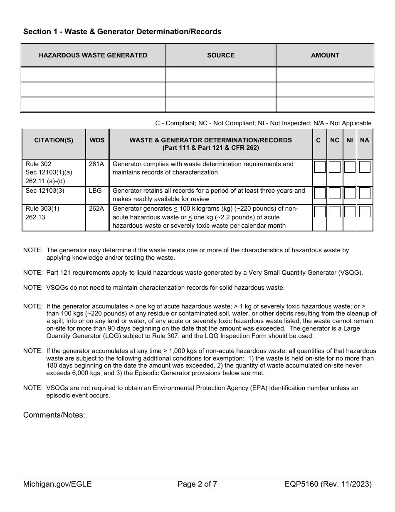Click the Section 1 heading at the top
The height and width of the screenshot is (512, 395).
pos(122,32)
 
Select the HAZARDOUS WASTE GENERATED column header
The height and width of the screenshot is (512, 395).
pos(93,55)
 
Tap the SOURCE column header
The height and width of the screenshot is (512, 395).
pos(221,55)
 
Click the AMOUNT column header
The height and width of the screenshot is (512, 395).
pos(325,55)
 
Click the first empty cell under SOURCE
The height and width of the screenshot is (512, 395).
pos(221,75)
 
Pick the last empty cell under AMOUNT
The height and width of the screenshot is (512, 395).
pos(325,104)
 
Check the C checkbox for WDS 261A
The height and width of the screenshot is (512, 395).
pos(320,167)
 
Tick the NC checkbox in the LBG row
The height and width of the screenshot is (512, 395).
pos(335,194)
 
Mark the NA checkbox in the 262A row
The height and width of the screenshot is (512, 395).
pos(365,212)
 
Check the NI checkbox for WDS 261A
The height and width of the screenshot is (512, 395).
pos(350,167)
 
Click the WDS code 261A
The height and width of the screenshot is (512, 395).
pos(96,164)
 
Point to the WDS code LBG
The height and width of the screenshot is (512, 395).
pos(95,191)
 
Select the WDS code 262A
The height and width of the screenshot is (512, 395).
pos(96,209)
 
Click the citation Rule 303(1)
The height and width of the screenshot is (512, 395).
pos(42,209)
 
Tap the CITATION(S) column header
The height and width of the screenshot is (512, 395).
pos(54,140)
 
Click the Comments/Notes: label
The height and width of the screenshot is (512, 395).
pos(54,415)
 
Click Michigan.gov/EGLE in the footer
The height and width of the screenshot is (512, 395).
pos(57,484)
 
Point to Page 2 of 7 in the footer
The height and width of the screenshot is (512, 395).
pos(197,484)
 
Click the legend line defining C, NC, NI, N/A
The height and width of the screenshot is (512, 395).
pos(263,123)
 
